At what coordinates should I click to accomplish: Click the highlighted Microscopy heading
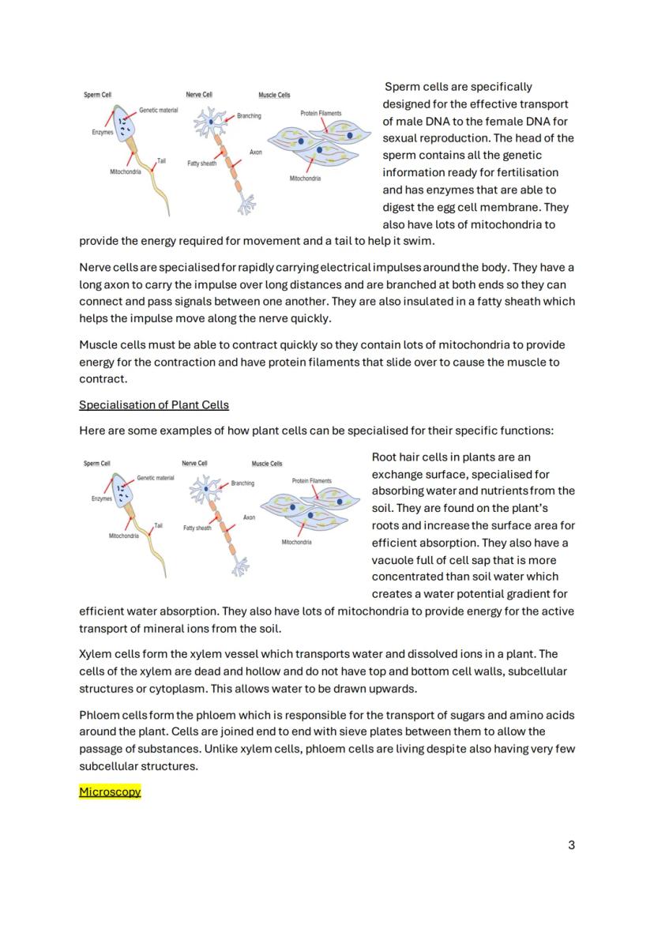(110, 792)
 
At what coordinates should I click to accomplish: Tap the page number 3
(571, 845)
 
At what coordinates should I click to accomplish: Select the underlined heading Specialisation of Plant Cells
(154, 405)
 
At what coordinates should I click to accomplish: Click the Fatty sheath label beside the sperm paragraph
(201, 164)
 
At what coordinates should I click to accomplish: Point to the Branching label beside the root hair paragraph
(242, 483)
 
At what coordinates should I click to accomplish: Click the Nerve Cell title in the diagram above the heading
(199, 95)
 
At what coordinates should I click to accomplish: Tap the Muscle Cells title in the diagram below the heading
(267, 464)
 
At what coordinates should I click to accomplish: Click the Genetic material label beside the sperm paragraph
(158, 110)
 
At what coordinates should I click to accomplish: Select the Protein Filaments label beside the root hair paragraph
(312, 480)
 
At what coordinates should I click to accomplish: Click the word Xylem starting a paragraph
(95, 654)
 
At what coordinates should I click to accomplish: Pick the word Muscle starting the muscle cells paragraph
(97, 345)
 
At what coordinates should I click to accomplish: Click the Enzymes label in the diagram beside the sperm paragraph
(102, 133)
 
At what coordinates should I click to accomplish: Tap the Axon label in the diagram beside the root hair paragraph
(249, 517)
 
